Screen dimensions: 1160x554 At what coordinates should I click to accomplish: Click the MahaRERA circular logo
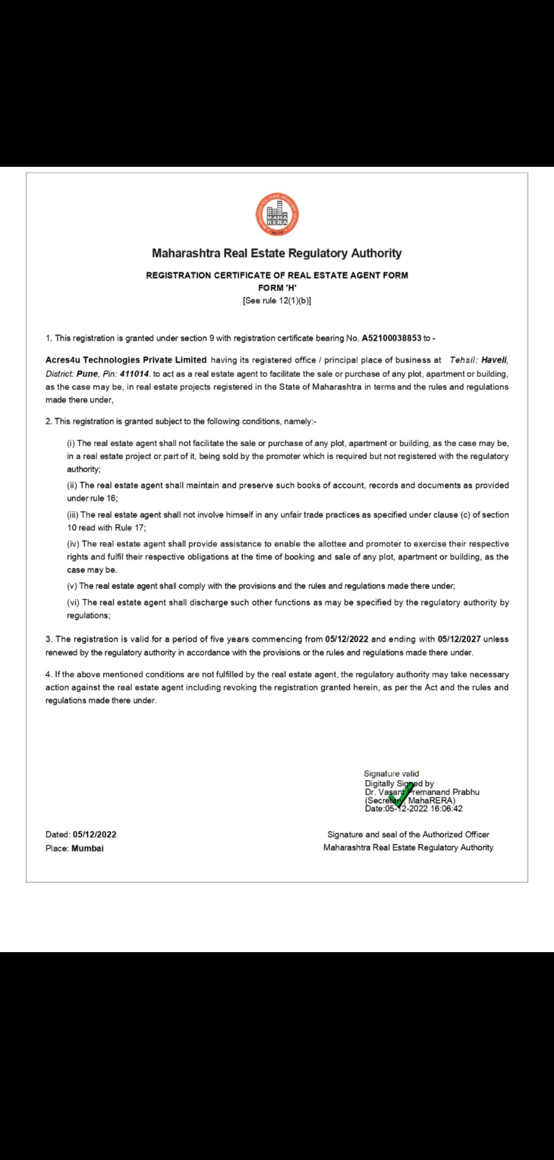coord(277,215)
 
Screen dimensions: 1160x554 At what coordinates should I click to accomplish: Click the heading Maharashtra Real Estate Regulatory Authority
coord(277,253)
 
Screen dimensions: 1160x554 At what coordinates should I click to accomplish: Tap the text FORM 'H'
coord(277,288)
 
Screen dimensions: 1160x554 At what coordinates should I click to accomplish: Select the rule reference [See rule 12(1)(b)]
coord(277,301)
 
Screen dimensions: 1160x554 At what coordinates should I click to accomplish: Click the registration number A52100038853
coord(391,338)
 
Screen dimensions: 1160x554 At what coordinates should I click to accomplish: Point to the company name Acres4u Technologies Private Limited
coord(126,360)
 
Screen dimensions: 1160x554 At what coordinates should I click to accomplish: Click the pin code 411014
coord(134,374)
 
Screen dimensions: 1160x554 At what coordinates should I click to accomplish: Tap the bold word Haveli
coord(494,360)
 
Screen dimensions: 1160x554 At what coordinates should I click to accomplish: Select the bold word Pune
coord(87,374)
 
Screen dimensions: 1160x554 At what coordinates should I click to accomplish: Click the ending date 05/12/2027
coord(459,639)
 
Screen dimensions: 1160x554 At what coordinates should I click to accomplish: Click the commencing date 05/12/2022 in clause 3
coord(347,639)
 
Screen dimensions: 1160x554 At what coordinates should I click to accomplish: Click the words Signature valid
coord(391,774)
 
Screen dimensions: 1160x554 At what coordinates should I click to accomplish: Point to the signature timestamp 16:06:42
coord(446,809)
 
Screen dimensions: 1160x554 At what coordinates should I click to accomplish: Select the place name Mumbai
coord(88,848)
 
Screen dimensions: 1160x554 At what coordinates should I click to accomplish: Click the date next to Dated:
coord(94,835)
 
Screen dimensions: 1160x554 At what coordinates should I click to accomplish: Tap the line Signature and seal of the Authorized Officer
coord(408,835)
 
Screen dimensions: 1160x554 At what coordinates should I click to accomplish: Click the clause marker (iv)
coord(73,544)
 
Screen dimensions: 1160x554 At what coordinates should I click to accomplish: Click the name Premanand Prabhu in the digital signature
coord(445,792)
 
